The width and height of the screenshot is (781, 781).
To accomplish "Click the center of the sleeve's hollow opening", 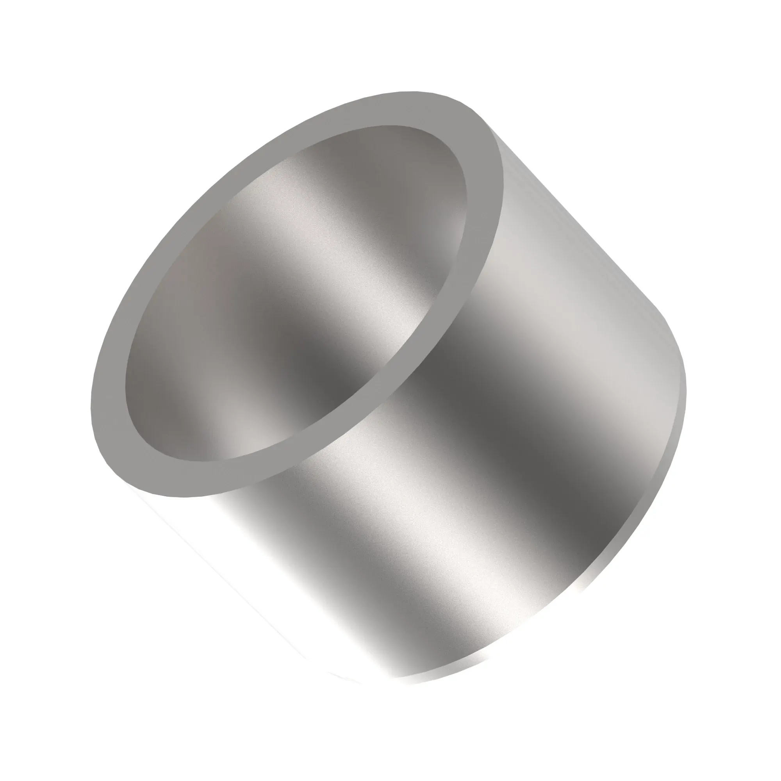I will click(x=295, y=295).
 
